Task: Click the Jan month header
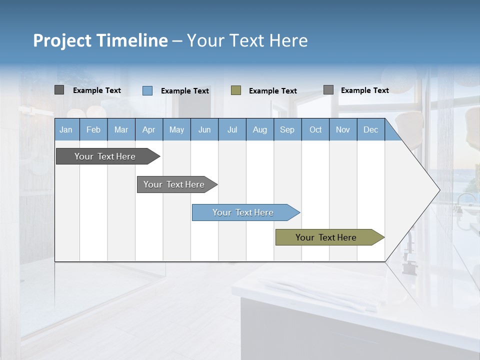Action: (66, 129)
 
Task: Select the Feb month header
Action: (93, 129)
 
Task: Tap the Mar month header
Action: (121, 129)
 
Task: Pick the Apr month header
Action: (149, 129)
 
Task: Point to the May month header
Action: (176, 129)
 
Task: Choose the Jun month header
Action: (204, 129)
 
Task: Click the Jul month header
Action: (232, 129)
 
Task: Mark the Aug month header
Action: (260, 129)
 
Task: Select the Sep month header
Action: (287, 129)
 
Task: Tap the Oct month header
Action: (315, 129)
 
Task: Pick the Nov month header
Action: (343, 129)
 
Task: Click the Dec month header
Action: (371, 129)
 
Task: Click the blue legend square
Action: (147, 90)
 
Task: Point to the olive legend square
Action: (236, 90)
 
